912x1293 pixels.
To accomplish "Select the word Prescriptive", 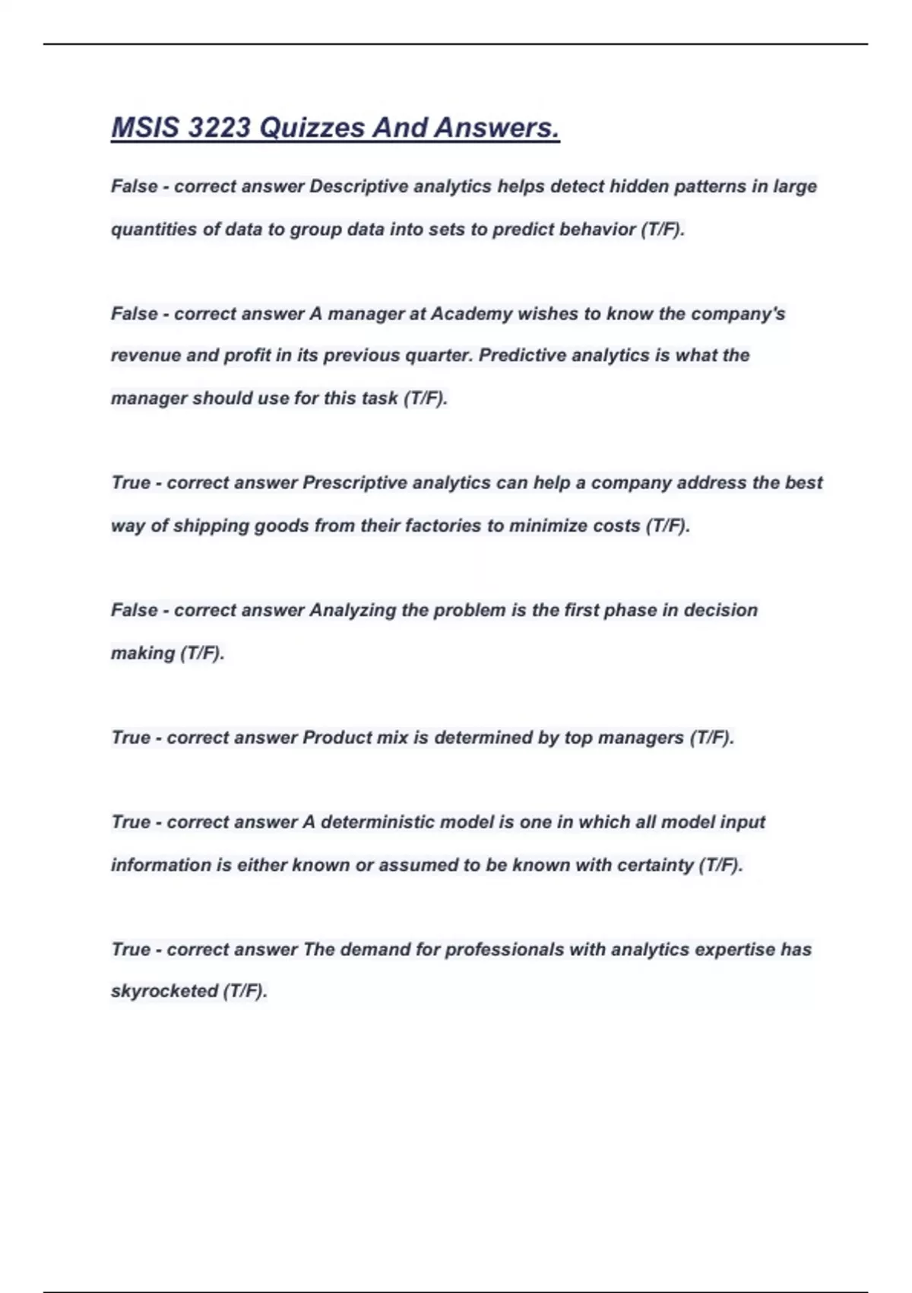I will [x=354, y=483].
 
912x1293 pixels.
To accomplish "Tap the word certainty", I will [x=655, y=865].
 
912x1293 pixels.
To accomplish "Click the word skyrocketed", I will [x=164, y=991].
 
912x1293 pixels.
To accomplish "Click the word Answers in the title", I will [x=496, y=128].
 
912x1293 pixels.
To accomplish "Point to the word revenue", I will [x=145, y=356].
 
